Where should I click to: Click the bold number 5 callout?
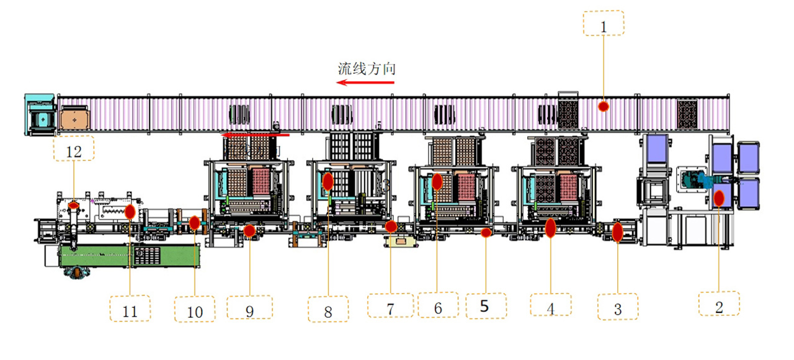coord(486,306)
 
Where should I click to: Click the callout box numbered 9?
coord(249,308)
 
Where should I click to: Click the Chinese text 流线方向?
coord(367,68)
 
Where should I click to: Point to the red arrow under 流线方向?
coord(365,83)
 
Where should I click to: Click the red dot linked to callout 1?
coord(603,107)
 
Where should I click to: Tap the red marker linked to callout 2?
coord(719,198)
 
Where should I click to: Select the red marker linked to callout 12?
coord(74,205)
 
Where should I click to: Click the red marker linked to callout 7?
coord(391,227)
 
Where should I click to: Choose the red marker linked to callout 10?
coord(195,222)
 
